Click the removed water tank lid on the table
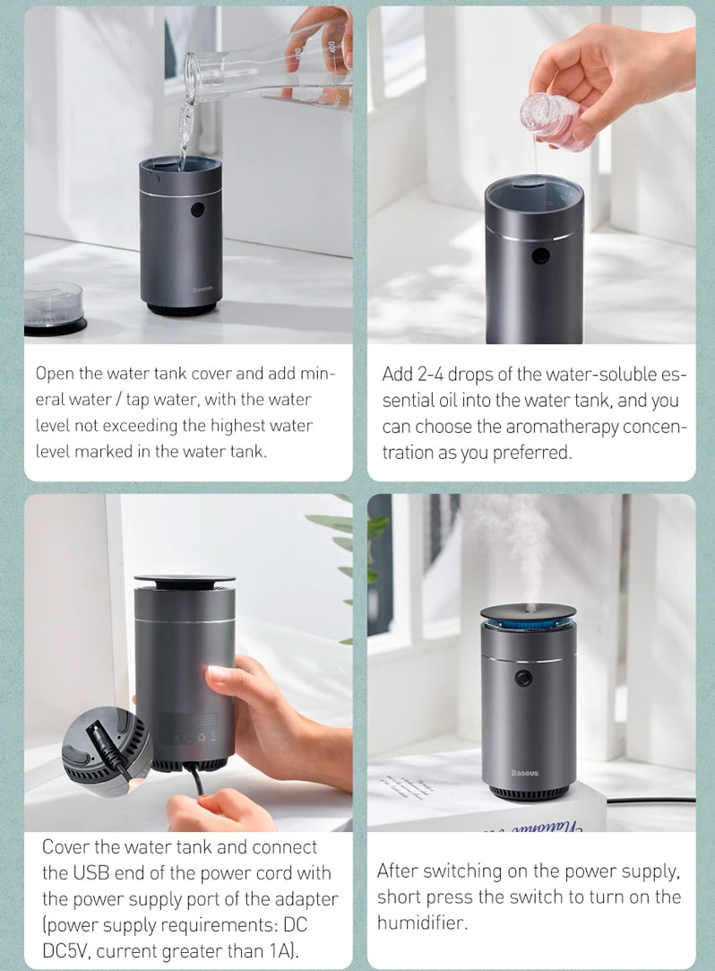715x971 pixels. tap(55, 308)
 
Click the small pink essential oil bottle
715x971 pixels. tap(551, 117)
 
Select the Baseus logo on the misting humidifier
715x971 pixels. tap(525, 773)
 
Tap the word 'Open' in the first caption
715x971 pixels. tap(56, 374)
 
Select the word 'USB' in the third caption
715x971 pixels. tap(92, 873)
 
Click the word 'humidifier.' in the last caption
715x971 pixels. tap(422, 923)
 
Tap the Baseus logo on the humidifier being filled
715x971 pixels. tap(202, 290)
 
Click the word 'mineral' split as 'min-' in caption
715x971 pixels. tap(317, 373)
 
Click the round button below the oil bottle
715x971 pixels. tap(540, 256)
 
